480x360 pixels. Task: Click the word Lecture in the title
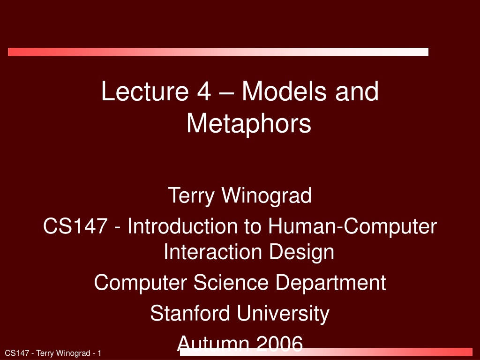pyautogui.click(x=145, y=91)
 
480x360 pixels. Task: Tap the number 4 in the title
pyautogui.click(x=204, y=91)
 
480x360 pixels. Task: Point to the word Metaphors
pyautogui.click(x=249, y=123)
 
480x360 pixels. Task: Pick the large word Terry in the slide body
pyautogui.click(x=191, y=195)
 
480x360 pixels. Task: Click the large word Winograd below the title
pyautogui.click(x=266, y=195)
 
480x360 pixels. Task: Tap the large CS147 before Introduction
pyautogui.click(x=75, y=226)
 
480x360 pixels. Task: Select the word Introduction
pyautogui.click(x=182, y=226)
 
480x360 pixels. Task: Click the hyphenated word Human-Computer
pyautogui.click(x=352, y=227)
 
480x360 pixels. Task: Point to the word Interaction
pyautogui.click(x=213, y=252)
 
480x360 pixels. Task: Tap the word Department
pyautogui.click(x=330, y=283)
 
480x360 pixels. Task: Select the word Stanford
pyautogui.click(x=190, y=313)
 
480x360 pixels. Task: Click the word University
pyautogui.click(x=283, y=314)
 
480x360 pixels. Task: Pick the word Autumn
pyautogui.click(x=213, y=343)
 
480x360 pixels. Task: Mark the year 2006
pyautogui.click(x=279, y=343)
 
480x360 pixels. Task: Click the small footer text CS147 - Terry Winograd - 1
pyautogui.click(x=53, y=353)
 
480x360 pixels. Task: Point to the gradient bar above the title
pyautogui.click(x=218, y=52)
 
